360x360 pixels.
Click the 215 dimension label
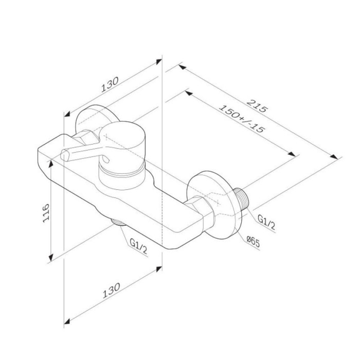(257, 106)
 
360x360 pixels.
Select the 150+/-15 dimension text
(242, 119)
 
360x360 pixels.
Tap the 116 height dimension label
(46, 212)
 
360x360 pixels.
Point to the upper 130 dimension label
(110, 84)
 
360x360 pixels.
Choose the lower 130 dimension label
(111, 291)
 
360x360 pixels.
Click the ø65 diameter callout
(253, 242)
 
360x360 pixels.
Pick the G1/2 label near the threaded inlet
(266, 222)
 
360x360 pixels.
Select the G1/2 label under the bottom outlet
(138, 246)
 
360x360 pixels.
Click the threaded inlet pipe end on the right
(242, 198)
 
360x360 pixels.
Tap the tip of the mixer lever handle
(65, 154)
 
